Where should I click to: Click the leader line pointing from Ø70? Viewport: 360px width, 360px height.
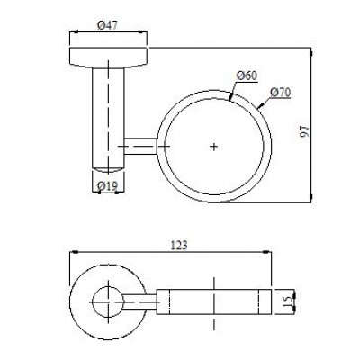(264, 101)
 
